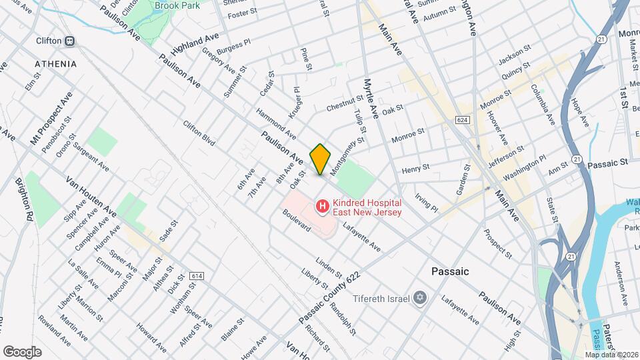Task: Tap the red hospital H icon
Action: [323, 207]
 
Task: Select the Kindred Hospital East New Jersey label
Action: [367, 207]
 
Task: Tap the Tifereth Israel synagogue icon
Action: [420, 297]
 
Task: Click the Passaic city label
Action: [450, 271]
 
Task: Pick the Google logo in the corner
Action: [22, 351]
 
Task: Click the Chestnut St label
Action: [343, 107]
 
